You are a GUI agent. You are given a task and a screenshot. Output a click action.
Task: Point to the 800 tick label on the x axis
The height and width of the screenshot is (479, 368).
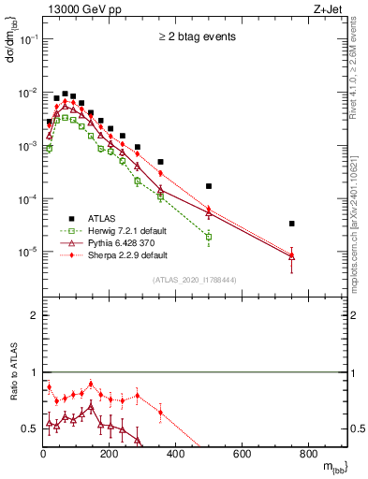tap(308, 455)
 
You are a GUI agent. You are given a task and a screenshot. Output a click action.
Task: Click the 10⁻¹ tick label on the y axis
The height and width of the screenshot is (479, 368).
tap(27, 40)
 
